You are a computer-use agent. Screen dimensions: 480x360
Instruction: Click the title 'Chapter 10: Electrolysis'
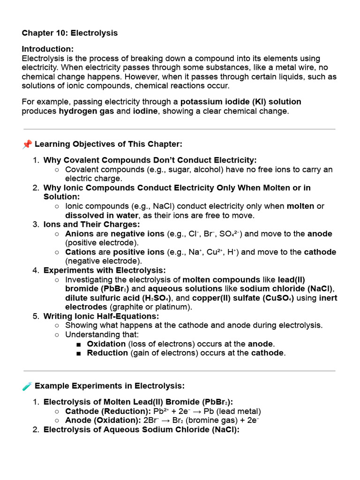(70, 33)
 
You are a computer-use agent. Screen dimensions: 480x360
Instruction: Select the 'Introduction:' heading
(47, 49)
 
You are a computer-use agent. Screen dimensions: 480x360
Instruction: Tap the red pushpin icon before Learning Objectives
(27, 144)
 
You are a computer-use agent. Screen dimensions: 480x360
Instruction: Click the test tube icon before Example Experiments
(27, 386)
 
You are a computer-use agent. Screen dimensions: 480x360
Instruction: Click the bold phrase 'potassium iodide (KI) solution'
(241, 102)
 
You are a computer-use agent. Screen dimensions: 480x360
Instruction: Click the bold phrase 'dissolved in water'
(102, 215)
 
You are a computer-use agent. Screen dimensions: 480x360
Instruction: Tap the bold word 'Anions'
(79, 233)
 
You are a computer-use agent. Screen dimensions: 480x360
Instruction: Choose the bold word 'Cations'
(81, 252)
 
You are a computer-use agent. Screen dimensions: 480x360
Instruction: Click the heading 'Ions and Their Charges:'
(92, 224)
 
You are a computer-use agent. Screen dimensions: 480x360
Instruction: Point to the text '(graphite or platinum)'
(151, 307)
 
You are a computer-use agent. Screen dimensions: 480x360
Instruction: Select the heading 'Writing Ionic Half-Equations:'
(101, 316)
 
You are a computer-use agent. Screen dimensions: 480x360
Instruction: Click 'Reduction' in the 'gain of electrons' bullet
(107, 353)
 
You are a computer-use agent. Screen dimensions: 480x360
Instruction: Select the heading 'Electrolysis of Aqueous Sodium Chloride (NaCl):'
(141, 429)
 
